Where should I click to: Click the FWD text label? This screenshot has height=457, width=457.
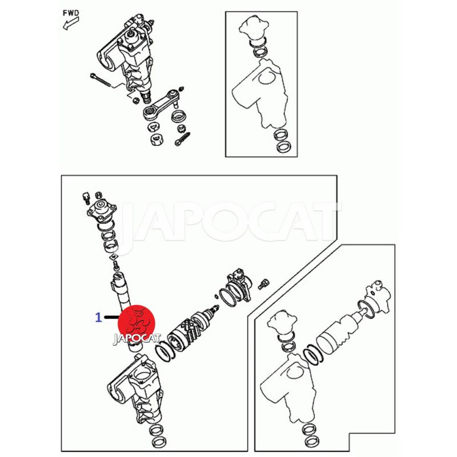click(71, 13)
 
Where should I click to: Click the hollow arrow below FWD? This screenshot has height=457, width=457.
click(71, 23)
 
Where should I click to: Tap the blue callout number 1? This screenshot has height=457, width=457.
click(99, 318)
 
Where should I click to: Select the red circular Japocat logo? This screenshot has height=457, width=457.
click(137, 323)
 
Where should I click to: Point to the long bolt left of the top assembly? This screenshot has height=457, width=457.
click(101, 79)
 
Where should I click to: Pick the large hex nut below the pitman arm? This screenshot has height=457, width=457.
click(157, 140)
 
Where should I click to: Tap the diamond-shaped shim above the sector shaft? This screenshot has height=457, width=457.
click(113, 258)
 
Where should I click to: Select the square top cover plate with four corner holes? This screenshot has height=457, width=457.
click(102, 209)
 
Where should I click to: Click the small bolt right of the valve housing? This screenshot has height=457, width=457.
click(263, 283)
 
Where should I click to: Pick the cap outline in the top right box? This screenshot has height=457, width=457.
click(252, 27)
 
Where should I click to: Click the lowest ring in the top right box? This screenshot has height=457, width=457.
click(283, 147)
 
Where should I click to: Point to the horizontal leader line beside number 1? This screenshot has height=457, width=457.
click(111, 317)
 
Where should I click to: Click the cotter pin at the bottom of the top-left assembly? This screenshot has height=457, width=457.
click(182, 139)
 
